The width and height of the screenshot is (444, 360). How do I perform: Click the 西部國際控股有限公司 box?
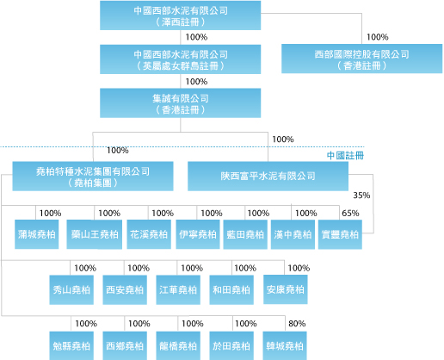pyautogui.click(x=361, y=59)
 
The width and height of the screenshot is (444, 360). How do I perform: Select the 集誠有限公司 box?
pyautogui.click(x=180, y=103)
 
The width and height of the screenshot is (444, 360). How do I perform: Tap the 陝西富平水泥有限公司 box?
pyautogui.click(x=268, y=176)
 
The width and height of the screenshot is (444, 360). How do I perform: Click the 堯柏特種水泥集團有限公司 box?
pyautogui.click(x=93, y=176)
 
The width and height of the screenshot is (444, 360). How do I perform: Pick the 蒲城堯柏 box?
pyautogui.click(x=37, y=234)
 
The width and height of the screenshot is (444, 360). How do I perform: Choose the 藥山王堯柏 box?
pyautogui.click(x=95, y=234)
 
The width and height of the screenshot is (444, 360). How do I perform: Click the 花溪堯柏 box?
pyautogui.click(x=149, y=234)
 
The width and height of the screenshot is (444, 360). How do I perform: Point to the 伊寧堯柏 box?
pyautogui.click(x=198, y=234)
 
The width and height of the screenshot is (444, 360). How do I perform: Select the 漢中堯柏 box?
pyautogui.click(x=293, y=234)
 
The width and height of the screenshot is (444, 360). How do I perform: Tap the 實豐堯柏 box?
pyautogui.click(x=340, y=234)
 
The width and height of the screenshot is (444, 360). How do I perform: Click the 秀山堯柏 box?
pyautogui.click(x=71, y=289)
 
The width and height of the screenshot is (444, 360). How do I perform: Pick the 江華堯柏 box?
pyautogui.click(x=178, y=289)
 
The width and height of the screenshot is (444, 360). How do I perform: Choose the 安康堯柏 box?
pyautogui.click(x=286, y=289)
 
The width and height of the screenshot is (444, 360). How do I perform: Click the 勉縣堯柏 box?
pyautogui.click(x=71, y=345)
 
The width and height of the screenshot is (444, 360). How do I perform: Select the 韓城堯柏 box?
pyautogui.click(x=285, y=345)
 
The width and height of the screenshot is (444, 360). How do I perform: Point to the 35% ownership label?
pyautogui.click(x=361, y=196)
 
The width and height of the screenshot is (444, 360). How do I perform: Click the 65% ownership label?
pyautogui.click(x=350, y=213)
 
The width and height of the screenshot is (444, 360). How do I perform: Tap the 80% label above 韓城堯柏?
pyautogui.click(x=297, y=324)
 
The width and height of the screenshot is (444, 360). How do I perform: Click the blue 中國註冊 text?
pyautogui.click(x=345, y=155)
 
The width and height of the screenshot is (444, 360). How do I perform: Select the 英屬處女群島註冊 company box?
pyautogui.click(x=180, y=59)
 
